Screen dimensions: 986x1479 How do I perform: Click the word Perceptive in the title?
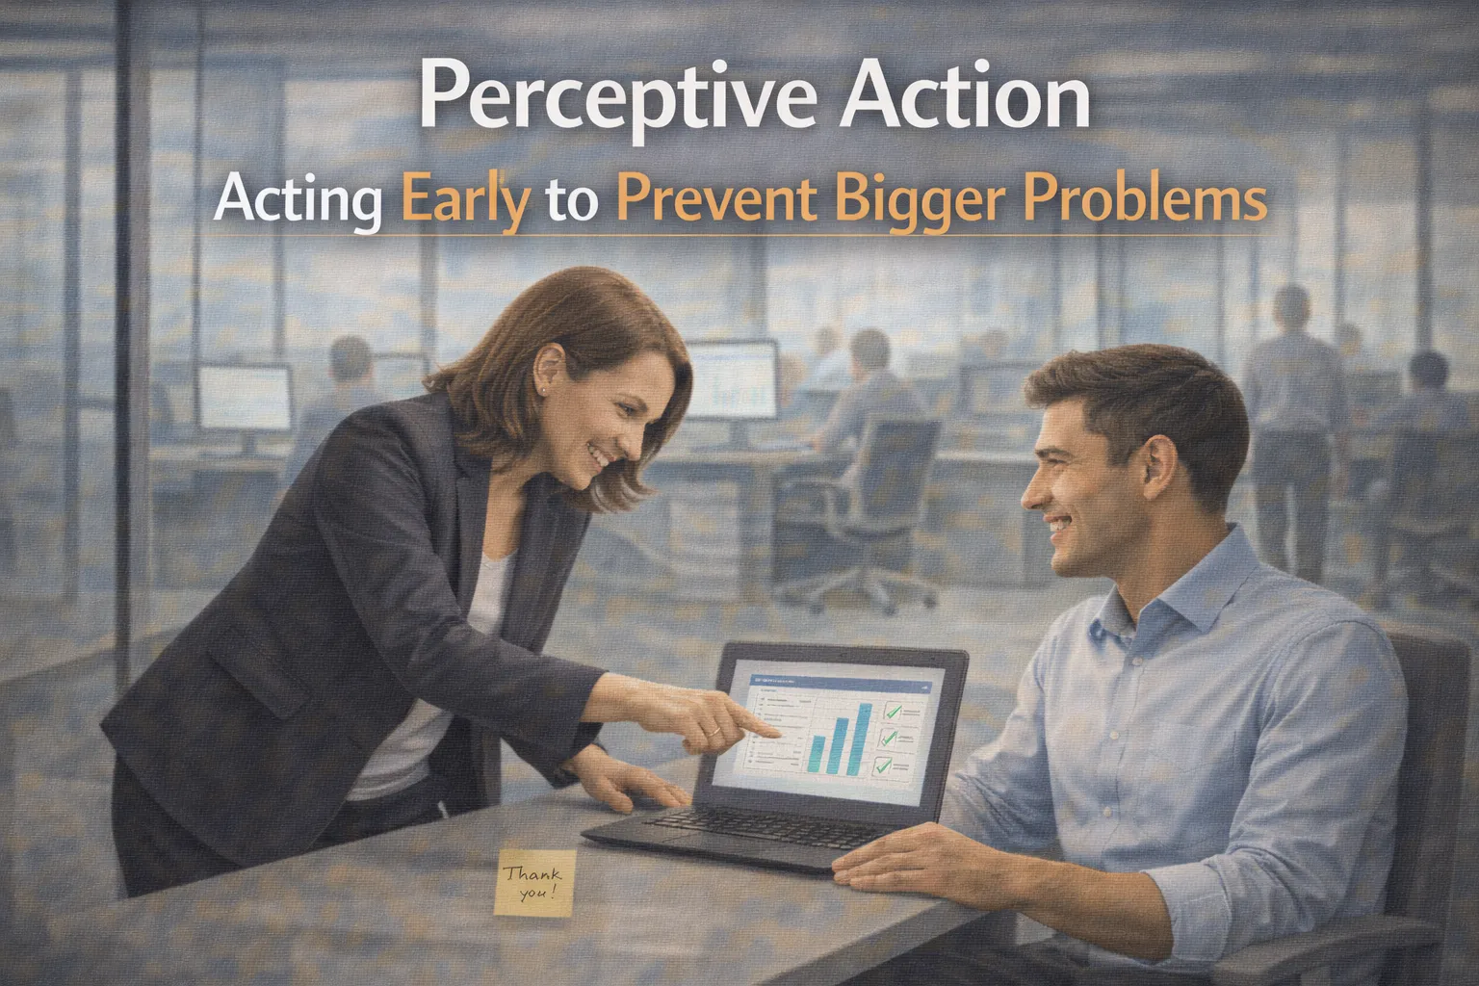click(x=620, y=100)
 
